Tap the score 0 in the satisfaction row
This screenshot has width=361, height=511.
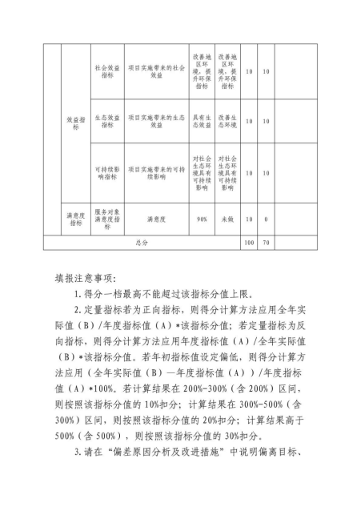pyautogui.click(x=265, y=219)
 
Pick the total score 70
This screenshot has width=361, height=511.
pyautogui.click(x=265, y=240)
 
